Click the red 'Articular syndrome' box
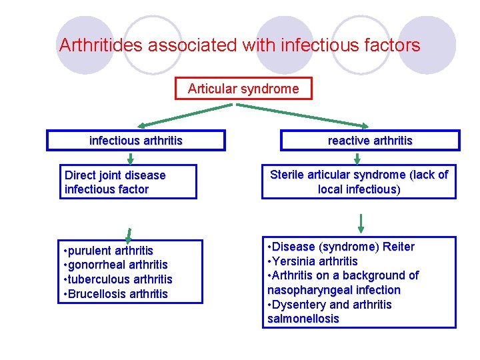pos(243,89)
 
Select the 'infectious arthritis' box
pos(136,141)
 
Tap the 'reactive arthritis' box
pos(370,141)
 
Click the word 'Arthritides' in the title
pos(101,45)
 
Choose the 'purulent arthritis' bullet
pos(110,251)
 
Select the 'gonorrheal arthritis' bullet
pos(117,265)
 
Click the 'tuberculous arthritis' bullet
pos(119,279)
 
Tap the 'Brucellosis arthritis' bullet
pos(117,294)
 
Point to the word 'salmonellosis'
pos(303,319)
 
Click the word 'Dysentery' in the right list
pos(300,305)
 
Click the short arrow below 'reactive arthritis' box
pos(357,158)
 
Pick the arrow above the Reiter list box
pos(361,222)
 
